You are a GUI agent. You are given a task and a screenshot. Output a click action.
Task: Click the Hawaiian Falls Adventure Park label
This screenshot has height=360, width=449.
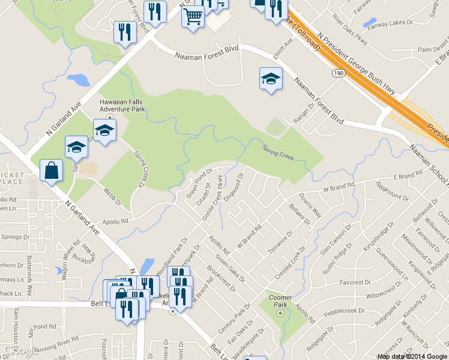click(x=122, y=106)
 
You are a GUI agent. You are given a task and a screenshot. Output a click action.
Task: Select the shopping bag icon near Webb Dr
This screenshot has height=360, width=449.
click(x=51, y=170)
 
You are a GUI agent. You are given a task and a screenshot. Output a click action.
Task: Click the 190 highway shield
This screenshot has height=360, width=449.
click(x=337, y=72)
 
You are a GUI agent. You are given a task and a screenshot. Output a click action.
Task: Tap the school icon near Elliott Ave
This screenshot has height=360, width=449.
click(x=271, y=79)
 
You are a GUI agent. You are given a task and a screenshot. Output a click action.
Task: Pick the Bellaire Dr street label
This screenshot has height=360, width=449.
click(x=299, y=213)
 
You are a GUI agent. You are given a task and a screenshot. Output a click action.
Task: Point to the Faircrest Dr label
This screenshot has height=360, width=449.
click(x=355, y=282)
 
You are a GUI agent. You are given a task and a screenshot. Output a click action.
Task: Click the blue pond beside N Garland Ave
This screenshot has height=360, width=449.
click(x=79, y=79)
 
